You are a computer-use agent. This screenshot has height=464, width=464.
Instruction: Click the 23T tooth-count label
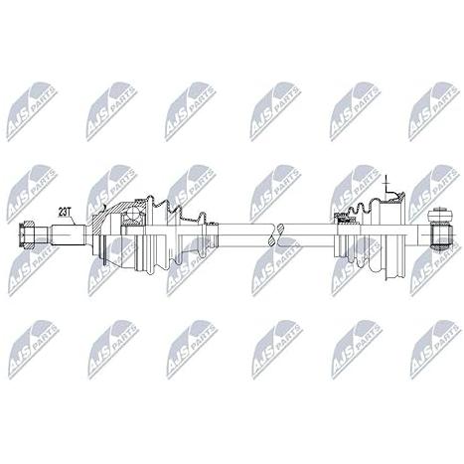[65, 211]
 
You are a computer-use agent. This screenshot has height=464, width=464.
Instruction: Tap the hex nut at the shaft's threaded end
[27, 235]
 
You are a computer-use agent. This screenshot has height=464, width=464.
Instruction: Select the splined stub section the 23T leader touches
[68, 235]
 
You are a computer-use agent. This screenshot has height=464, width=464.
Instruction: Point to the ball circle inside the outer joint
[134, 214]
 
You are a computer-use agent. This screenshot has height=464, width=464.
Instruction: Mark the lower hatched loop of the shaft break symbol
[272, 240]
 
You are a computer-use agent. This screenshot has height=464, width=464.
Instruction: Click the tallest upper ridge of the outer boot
[151, 202]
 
